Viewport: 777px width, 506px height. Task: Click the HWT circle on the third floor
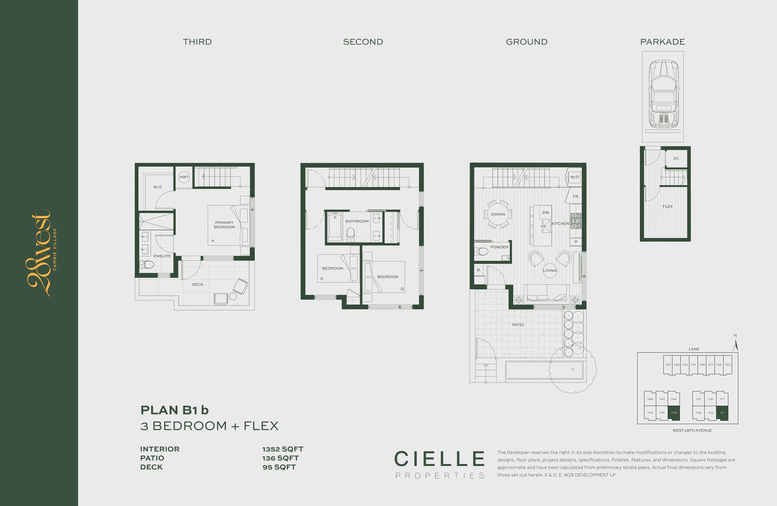184,177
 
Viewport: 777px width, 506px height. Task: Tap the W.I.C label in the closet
158,187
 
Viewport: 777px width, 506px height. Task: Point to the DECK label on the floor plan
198,285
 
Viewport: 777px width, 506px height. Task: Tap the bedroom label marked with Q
388,277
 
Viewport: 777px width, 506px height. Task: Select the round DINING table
498,214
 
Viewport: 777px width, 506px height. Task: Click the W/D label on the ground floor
574,177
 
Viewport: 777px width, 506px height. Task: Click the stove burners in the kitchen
576,221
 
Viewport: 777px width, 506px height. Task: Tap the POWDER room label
499,247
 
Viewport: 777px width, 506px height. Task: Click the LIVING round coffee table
550,271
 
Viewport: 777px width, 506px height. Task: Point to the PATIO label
518,325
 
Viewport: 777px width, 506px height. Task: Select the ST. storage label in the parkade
676,159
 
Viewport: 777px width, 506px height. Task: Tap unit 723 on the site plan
728,365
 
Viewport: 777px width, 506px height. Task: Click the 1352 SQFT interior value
283,449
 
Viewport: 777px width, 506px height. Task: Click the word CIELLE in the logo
440,459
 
